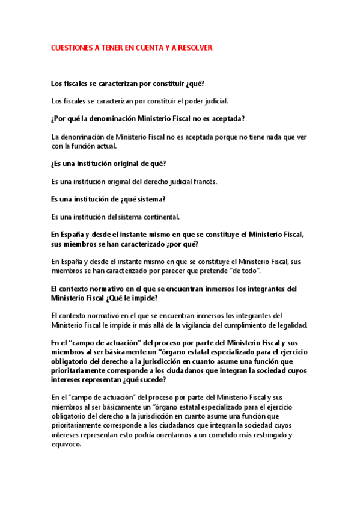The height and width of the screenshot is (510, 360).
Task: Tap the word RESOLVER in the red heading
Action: (x=195, y=46)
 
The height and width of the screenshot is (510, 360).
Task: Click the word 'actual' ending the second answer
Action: (x=105, y=146)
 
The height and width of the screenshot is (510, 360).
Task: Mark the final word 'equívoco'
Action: (x=66, y=445)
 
